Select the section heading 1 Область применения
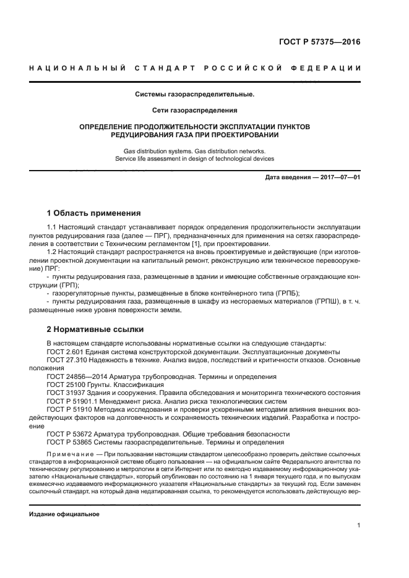pos(94,213)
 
